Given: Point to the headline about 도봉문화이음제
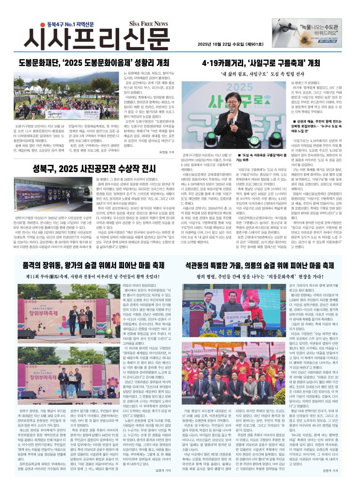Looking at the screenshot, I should (94, 63).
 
